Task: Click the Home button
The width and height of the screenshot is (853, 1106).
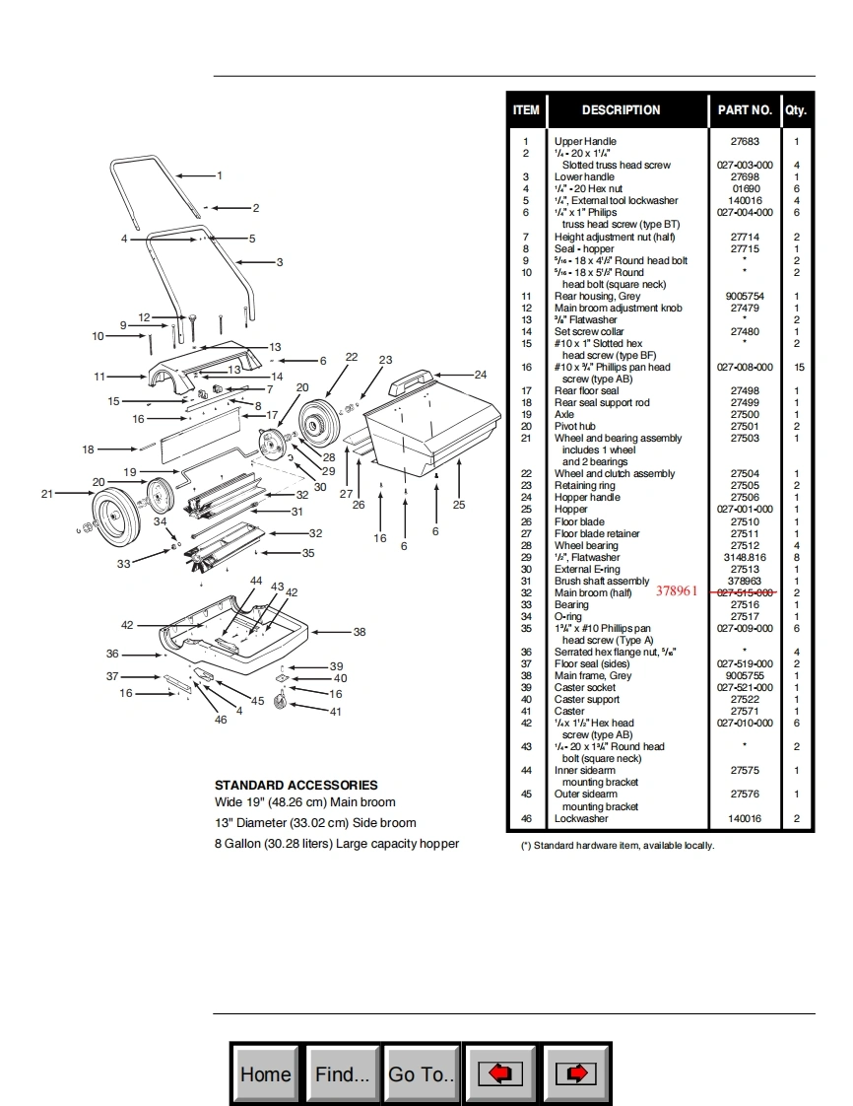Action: pyautogui.click(x=266, y=1073)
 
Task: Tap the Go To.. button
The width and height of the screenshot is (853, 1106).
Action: pyautogui.click(x=422, y=1073)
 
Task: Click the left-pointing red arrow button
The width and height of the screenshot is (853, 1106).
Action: pyautogui.click(x=499, y=1073)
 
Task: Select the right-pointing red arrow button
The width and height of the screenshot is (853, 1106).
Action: pyautogui.click(x=577, y=1073)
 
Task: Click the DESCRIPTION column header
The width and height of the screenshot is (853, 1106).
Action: pyautogui.click(x=621, y=109)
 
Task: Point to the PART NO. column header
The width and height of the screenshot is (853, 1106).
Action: pyautogui.click(x=744, y=109)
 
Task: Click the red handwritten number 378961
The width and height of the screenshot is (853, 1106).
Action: pyautogui.click(x=677, y=590)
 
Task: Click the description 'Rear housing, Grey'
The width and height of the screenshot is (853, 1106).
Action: pyautogui.click(x=597, y=296)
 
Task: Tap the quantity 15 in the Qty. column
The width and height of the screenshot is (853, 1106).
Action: pyautogui.click(x=796, y=367)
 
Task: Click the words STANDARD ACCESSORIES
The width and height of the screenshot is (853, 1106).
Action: pyautogui.click(x=295, y=785)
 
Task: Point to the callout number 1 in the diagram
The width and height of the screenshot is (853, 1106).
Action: pyautogui.click(x=220, y=175)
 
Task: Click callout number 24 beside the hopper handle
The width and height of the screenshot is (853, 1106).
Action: pyautogui.click(x=480, y=375)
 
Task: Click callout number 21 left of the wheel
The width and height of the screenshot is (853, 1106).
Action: pyautogui.click(x=46, y=494)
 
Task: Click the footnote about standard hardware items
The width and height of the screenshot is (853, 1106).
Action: pyautogui.click(x=617, y=846)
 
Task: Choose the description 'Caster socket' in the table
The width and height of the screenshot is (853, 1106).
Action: pyautogui.click(x=587, y=687)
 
